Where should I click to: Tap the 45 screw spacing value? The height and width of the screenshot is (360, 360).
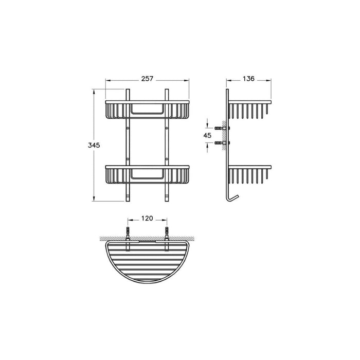207,135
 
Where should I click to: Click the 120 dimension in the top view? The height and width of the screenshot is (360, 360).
147,218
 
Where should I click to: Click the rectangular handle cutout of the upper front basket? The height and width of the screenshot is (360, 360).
147,109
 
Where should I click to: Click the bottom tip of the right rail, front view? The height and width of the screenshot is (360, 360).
167,200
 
